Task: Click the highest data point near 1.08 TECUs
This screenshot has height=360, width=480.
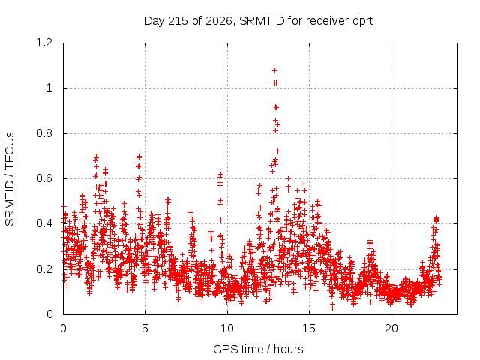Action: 275,70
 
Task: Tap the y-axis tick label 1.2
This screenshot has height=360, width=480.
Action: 44,43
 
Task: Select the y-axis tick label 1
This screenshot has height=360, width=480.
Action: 49,88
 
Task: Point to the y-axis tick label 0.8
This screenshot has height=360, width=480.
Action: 44,133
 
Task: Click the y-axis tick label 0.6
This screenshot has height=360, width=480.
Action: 44,178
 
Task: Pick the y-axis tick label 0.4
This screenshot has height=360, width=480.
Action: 44,223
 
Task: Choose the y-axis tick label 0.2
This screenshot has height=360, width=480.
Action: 44,269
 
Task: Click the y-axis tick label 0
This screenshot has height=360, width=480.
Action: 49,314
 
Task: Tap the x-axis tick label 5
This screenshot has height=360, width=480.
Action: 145,328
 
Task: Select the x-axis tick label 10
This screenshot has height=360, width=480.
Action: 227,328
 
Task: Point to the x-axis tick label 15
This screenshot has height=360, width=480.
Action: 309,328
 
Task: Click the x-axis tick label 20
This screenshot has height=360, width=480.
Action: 391,328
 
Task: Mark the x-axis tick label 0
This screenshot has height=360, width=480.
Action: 63,328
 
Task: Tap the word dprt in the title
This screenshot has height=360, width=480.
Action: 363,21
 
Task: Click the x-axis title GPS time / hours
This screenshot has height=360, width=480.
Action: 258,349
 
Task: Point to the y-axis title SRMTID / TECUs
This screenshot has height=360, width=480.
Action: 10,179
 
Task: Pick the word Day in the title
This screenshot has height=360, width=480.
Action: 154,22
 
